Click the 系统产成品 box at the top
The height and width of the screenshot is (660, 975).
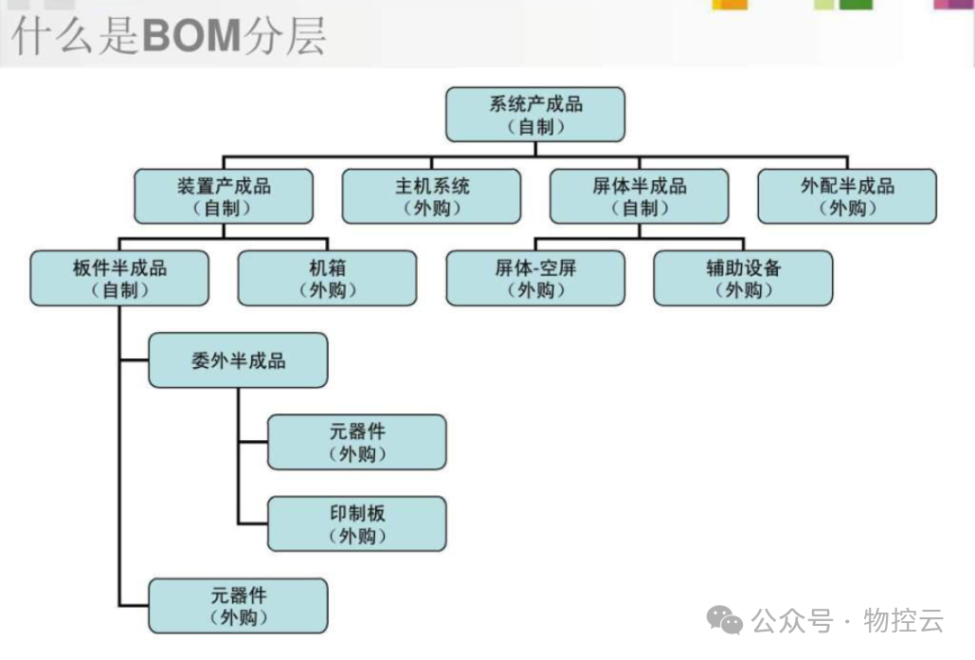pyautogui.click(x=535, y=115)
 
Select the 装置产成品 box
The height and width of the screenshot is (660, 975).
pyautogui.click(x=224, y=196)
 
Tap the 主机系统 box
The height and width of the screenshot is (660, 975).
pyautogui.click(x=431, y=196)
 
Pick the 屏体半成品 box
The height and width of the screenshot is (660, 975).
pyautogui.click(x=640, y=196)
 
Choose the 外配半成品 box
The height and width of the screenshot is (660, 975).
pyautogui.click(x=847, y=196)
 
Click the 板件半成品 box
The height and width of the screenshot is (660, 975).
pyautogui.click(x=119, y=278)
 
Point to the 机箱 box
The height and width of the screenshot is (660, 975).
pyautogui.click(x=327, y=278)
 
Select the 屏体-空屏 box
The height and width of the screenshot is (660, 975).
pyautogui.click(x=535, y=278)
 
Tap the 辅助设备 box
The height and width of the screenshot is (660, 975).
pyautogui.click(x=743, y=278)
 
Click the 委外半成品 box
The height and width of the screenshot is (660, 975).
pyautogui.click(x=238, y=360)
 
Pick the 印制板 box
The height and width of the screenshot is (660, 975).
pyautogui.click(x=356, y=523)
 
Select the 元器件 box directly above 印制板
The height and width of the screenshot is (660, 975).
pyautogui.click(x=356, y=442)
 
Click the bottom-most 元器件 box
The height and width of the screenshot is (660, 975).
pyautogui.click(x=238, y=606)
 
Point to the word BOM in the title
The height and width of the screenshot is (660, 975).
pyautogui.click(x=190, y=36)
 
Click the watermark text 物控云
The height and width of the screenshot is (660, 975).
pyautogui.click(x=904, y=622)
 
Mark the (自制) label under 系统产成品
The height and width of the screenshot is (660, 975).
pyautogui.click(x=535, y=126)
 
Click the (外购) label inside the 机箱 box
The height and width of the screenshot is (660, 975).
pyautogui.click(x=327, y=290)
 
